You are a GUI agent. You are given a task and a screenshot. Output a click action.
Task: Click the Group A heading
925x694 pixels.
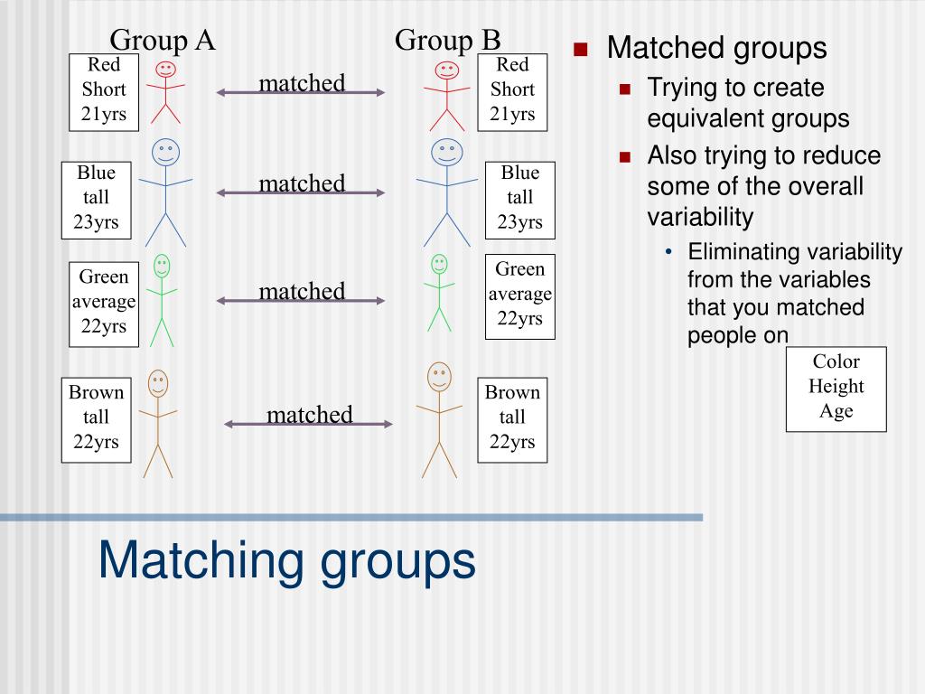(163, 40)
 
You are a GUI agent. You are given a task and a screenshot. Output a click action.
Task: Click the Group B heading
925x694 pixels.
(447, 40)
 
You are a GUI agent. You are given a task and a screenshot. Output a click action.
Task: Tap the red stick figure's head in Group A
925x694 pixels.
(165, 69)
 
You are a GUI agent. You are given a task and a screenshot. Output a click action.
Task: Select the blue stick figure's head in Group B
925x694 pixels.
(446, 152)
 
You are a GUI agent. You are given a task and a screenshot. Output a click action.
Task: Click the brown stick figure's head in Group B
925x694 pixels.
(439, 376)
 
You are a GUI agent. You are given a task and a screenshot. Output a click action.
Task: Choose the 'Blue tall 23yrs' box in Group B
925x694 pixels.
(519, 197)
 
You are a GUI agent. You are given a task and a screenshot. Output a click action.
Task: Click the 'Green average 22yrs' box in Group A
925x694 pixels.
(104, 302)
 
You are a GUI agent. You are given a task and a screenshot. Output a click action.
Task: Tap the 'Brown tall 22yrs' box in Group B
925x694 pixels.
(512, 417)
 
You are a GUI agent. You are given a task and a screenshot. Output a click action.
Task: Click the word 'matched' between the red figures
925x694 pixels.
(302, 83)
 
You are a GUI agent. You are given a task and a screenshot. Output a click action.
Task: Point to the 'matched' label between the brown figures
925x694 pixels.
(309, 415)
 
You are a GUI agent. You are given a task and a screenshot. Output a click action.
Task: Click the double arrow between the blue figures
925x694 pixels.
(301, 192)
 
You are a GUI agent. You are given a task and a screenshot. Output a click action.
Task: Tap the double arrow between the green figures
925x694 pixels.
(301, 301)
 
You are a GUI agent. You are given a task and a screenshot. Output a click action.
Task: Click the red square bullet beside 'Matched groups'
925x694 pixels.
(581, 49)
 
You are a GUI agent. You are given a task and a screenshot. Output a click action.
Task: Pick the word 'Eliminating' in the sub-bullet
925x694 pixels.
(744, 252)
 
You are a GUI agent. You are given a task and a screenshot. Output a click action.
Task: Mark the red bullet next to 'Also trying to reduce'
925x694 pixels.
(624, 156)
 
